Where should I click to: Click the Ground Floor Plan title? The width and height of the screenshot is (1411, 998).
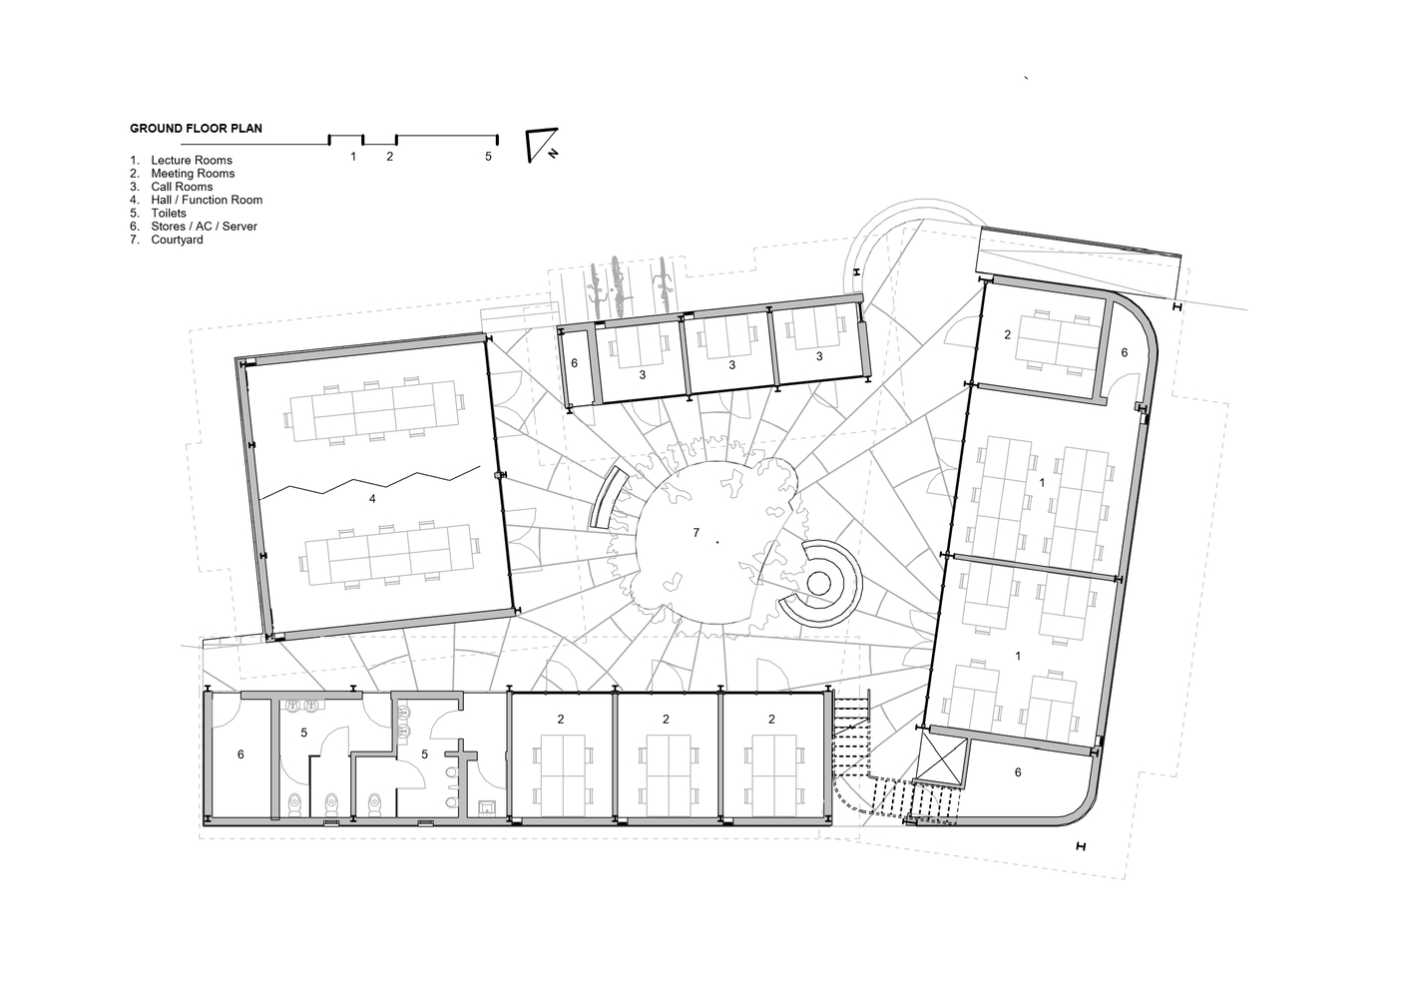pyautogui.click(x=196, y=129)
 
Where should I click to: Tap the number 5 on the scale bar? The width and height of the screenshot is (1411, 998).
pyautogui.click(x=488, y=157)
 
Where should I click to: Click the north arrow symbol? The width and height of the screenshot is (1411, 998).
pyautogui.click(x=542, y=145)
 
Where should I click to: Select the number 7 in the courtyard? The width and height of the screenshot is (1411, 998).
pyautogui.click(x=697, y=533)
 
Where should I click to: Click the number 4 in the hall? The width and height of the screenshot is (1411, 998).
pyautogui.click(x=372, y=499)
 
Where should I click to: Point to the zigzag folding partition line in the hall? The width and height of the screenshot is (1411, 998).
pyautogui.click(x=370, y=483)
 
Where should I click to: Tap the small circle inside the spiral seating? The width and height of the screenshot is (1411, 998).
pyautogui.click(x=817, y=584)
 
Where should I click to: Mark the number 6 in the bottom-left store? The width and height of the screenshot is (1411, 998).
pyautogui.click(x=240, y=754)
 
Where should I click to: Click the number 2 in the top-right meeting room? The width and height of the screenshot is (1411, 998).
pyautogui.click(x=1007, y=335)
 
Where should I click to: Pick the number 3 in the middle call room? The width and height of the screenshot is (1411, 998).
pyautogui.click(x=732, y=365)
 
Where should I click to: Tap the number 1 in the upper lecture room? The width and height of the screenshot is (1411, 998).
pyautogui.click(x=1042, y=483)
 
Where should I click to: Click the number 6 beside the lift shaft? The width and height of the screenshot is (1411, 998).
pyautogui.click(x=1018, y=772)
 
